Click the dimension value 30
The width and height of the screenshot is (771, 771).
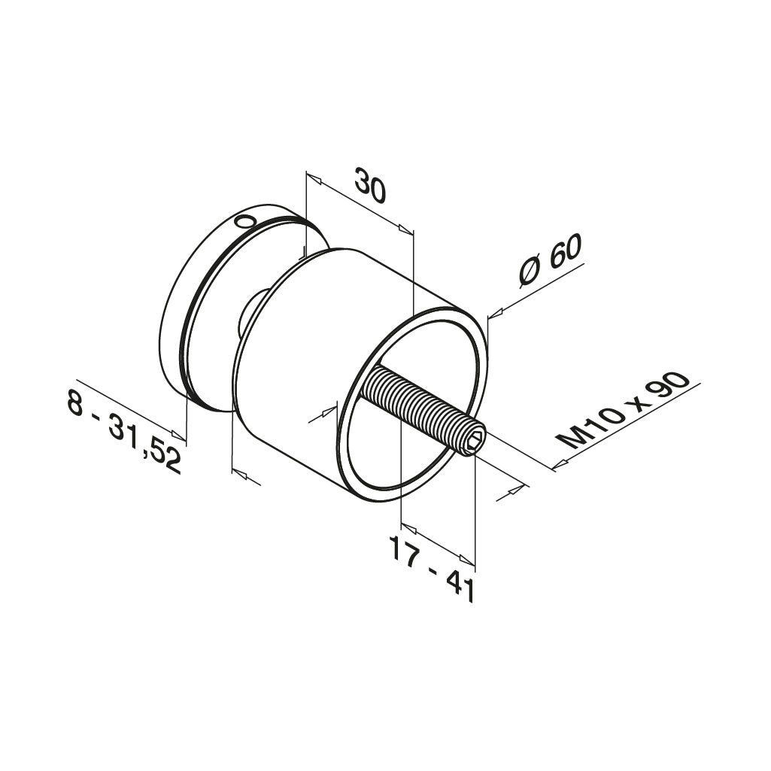point(370,187)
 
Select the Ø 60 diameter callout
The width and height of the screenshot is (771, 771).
point(551,264)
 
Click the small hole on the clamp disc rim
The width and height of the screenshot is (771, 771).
point(244,222)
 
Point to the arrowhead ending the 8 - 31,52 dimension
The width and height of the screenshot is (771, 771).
point(178,434)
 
